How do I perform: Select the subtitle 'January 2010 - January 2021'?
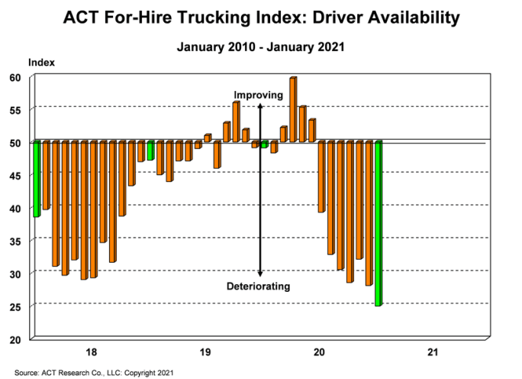pos(261,47)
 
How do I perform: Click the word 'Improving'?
pos(258,95)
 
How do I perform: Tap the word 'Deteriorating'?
pos(259,287)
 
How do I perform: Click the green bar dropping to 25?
pos(378,223)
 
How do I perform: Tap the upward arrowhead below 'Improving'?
pos(261,105)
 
